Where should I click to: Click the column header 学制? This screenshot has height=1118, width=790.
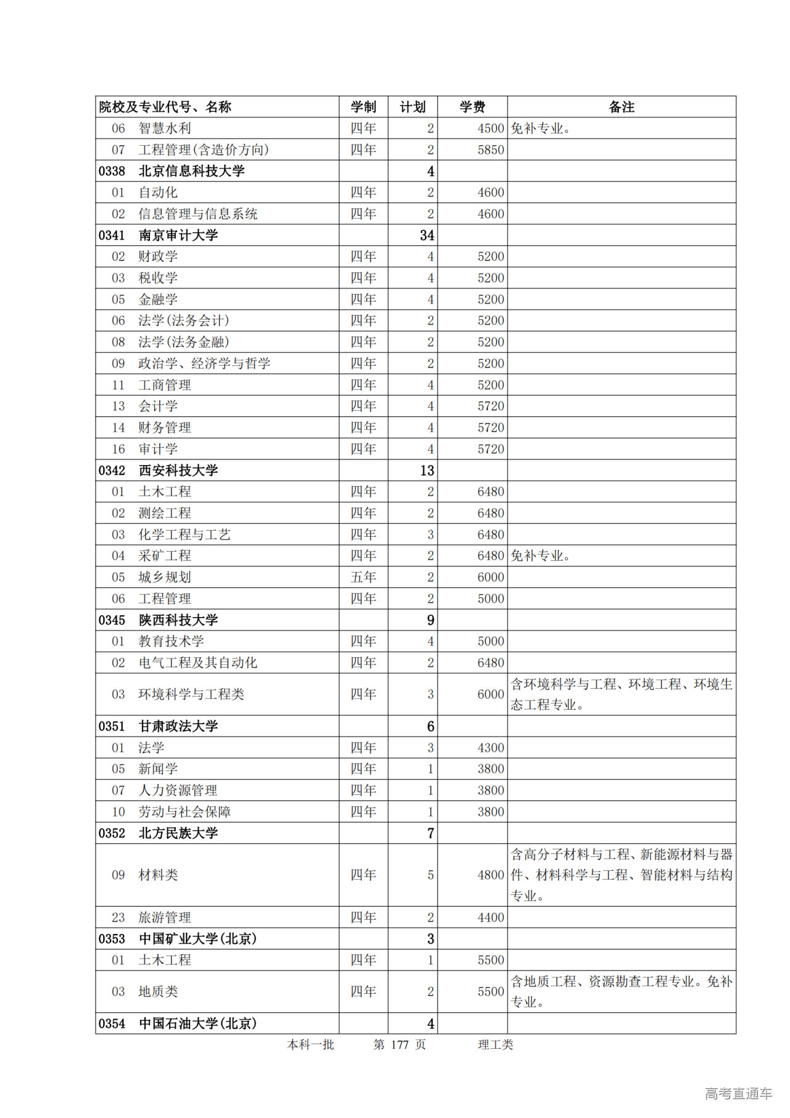click(x=363, y=107)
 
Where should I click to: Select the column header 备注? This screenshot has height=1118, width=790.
click(x=621, y=107)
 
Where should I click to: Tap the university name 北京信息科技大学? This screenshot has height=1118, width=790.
click(x=191, y=171)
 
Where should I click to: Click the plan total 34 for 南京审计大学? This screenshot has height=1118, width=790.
click(x=426, y=235)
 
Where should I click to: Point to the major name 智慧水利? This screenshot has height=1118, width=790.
click(x=165, y=128)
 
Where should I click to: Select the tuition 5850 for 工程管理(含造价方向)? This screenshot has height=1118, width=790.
click(x=490, y=149)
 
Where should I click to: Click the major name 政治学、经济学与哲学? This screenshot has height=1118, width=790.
click(x=204, y=363)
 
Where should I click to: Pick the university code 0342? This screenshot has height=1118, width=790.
click(x=112, y=470)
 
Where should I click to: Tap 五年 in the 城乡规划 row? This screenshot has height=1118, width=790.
click(x=363, y=577)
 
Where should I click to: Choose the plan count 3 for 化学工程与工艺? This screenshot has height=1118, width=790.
click(x=430, y=534)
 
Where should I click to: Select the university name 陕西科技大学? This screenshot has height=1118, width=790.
click(x=178, y=620)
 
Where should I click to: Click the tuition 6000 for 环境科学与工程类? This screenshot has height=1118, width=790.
click(x=490, y=694)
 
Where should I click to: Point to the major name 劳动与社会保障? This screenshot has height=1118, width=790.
click(x=185, y=812)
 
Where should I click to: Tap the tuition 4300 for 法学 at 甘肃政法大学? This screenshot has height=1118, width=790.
click(x=490, y=747)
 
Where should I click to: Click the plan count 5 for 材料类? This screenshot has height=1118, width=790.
click(x=430, y=875)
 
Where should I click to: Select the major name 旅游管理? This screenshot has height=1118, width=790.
click(x=165, y=917)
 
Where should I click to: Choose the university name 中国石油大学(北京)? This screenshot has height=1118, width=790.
click(x=197, y=1023)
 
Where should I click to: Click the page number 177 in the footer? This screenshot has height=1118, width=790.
click(x=399, y=1044)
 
